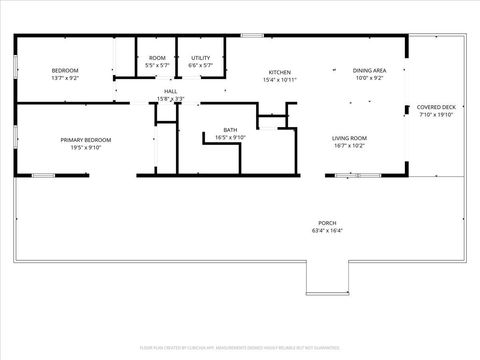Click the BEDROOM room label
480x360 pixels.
65,69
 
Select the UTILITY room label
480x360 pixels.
201,58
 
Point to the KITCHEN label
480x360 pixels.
279,73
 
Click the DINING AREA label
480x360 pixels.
370,70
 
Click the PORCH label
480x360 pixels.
327,224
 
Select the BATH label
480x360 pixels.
230,130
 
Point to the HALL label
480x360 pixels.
170,91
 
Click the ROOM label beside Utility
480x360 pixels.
157,58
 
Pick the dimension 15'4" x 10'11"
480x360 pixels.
279,80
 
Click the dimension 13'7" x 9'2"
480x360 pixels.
65,76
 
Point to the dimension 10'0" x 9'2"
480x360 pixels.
370,77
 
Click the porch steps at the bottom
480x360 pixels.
327,283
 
